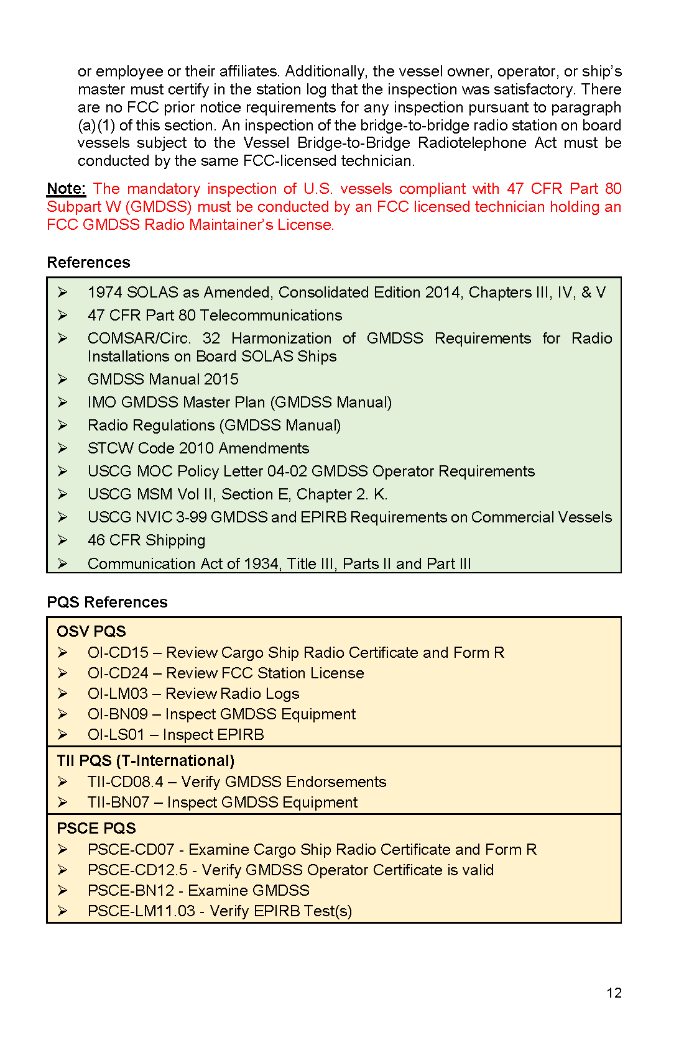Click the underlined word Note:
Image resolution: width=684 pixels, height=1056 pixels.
tap(66, 189)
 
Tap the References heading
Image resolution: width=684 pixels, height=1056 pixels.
tap(88, 263)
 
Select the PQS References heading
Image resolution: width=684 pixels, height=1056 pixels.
tap(107, 603)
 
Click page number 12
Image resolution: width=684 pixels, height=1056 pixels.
tap(614, 993)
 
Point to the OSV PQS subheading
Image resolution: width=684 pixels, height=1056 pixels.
tap(91, 632)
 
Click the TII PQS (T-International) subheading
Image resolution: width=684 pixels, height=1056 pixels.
tap(146, 761)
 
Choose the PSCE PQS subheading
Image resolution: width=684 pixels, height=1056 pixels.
tap(96, 829)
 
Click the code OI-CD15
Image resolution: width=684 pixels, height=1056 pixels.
tap(118, 653)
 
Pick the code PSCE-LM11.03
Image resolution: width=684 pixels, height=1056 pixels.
tap(141, 911)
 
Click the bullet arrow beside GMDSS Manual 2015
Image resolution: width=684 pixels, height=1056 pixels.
tap(63, 379)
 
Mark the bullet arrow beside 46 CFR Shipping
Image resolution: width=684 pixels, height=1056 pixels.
tap(63, 540)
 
